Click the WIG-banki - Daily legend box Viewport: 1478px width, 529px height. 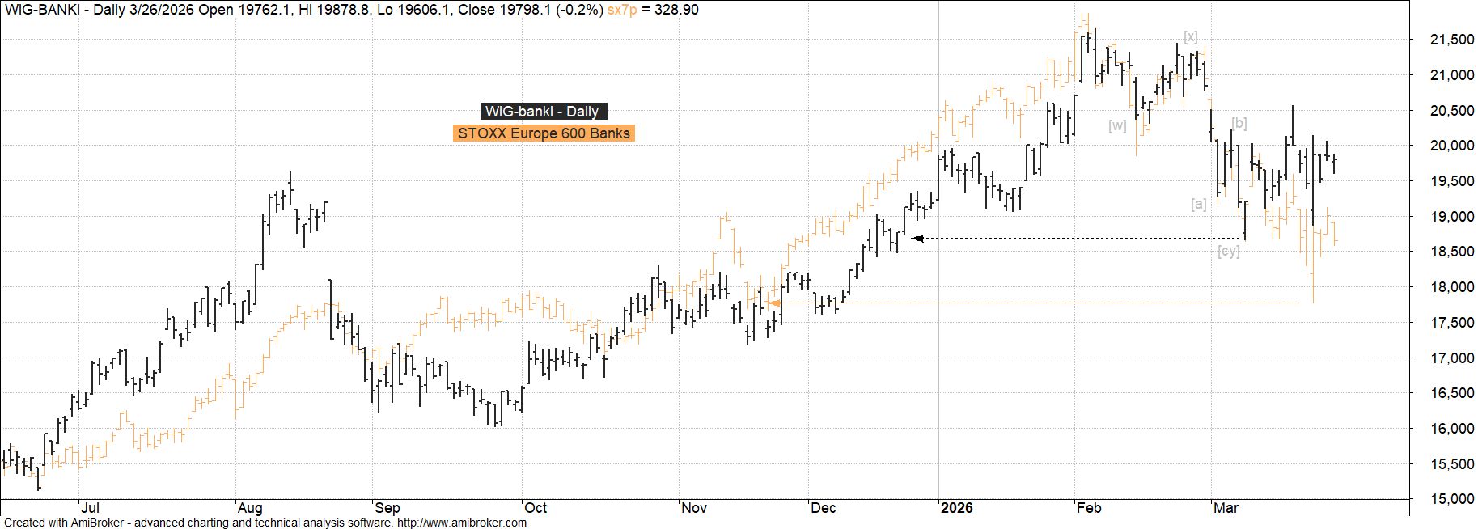click(543, 112)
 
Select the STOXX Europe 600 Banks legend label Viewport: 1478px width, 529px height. click(544, 133)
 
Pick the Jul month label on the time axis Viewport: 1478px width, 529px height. click(90, 508)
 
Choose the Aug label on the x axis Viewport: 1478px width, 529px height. click(249, 508)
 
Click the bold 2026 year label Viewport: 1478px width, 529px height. click(957, 508)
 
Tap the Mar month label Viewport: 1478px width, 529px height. click(1226, 508)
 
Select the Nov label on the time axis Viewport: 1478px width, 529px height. click(694, 508)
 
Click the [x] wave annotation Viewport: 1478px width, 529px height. click(1190, 36)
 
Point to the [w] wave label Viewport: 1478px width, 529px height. click(1117, 125)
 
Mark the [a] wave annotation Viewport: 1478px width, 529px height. click(1198, 204)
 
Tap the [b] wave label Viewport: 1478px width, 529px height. click(1239, 124)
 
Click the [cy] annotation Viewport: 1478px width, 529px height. click(1228, 252)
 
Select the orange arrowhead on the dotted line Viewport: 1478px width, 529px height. click(773, 303)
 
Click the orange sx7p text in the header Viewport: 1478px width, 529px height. click(621, 10)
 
